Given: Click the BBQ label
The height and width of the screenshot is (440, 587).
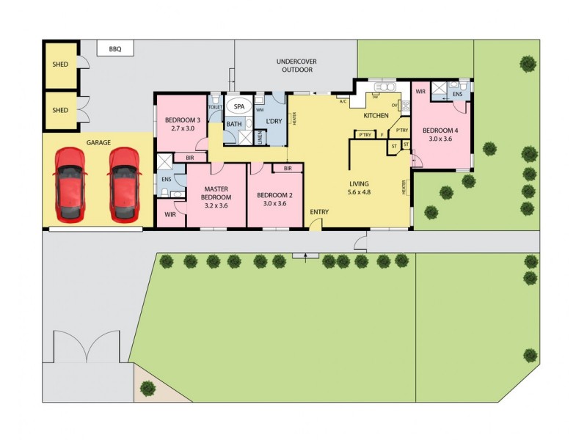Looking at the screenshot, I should pyautogui.click(x=115, y=50).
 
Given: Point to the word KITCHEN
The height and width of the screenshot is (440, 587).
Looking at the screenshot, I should pyautogui.click(x=376, y=117).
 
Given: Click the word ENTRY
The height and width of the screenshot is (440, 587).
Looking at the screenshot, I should pyautogui.click(x=319, y=213).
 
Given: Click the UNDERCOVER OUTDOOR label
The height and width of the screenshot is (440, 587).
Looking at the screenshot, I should pyautogui.click(x=295, y=65).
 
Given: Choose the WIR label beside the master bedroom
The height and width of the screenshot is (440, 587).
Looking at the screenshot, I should pyautogui.click(x=170, y=215).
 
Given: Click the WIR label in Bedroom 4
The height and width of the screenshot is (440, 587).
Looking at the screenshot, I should pyautogui.click(x=420, y=92).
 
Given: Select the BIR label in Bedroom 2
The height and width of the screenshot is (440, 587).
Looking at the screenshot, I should pyautogui.click(x=288, y=169).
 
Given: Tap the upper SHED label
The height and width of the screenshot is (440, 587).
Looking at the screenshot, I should pyautogui.click(x=60, y=65).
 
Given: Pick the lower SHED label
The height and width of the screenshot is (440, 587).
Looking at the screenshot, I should pyautogui.click(x=60, y=110).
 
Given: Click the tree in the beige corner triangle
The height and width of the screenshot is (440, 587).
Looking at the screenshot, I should pyautogui.click(x=147, y=387).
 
